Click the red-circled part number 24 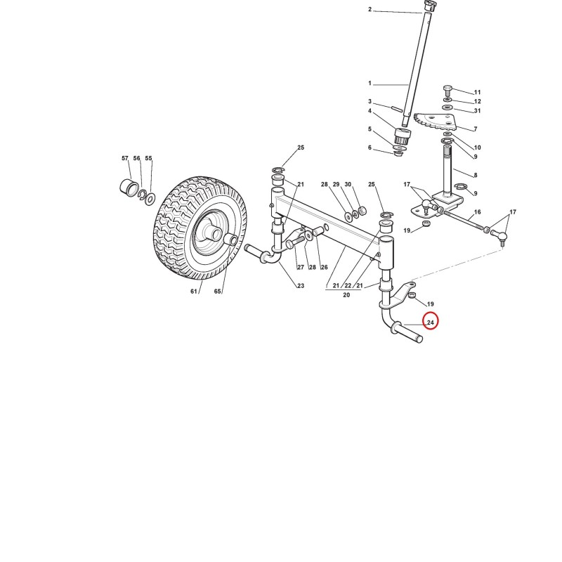pos(431,322)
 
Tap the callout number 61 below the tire pos(194,292)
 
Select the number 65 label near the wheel pos(218,292)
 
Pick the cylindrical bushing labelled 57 pos(129,187)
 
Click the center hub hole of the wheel pos(216,235)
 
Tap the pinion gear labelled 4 pos(402,135)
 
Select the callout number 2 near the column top pos(370,9)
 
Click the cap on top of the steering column pos(429,6)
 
